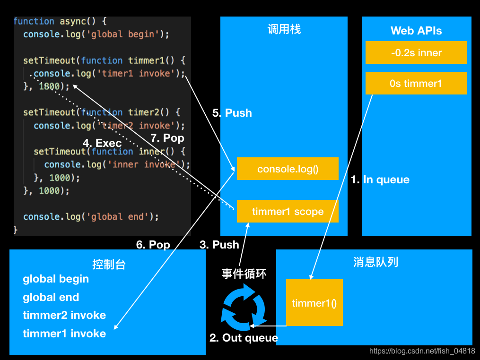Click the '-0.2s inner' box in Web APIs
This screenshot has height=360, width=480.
416,52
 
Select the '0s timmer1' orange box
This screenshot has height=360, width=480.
416,83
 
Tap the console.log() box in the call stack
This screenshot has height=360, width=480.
288,169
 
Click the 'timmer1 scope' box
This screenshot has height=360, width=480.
288,211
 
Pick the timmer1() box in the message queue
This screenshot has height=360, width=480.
314,302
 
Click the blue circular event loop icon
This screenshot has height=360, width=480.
244,310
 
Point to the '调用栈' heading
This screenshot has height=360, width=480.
284,29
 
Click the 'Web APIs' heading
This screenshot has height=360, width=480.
416,31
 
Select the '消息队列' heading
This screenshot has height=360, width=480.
375,262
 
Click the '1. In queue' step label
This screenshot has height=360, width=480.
380,180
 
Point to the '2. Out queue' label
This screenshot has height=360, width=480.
244,338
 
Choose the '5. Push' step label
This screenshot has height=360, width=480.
232,113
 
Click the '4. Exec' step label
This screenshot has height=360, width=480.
102,143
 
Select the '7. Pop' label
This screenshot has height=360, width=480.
167,138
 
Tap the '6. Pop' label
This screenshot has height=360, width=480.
153,244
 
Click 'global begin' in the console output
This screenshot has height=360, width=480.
56,279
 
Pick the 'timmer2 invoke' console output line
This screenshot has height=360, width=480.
64,315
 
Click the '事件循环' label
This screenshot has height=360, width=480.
244,274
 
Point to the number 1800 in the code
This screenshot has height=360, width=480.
49,86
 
